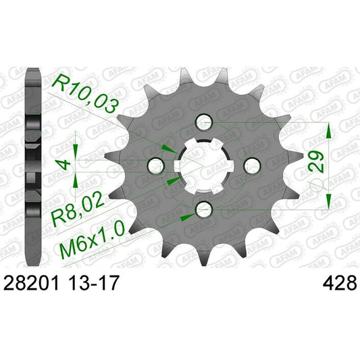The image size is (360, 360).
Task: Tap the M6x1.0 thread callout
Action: coord(89,232)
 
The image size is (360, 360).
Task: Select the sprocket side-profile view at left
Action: coord(29,165)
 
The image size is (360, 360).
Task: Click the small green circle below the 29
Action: coord(315,186)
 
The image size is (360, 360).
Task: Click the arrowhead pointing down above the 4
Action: coord(76,151)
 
